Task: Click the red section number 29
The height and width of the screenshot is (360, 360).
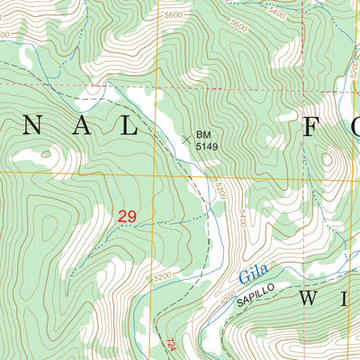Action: tap(127, 216)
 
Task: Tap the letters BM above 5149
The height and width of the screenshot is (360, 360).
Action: tap(204, 134)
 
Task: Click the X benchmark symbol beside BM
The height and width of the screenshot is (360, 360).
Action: tap(187, 139)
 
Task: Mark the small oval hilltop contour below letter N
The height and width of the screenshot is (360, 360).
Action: tap(45, 154)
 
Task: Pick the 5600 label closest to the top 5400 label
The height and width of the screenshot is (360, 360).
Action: tap(238, 26)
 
